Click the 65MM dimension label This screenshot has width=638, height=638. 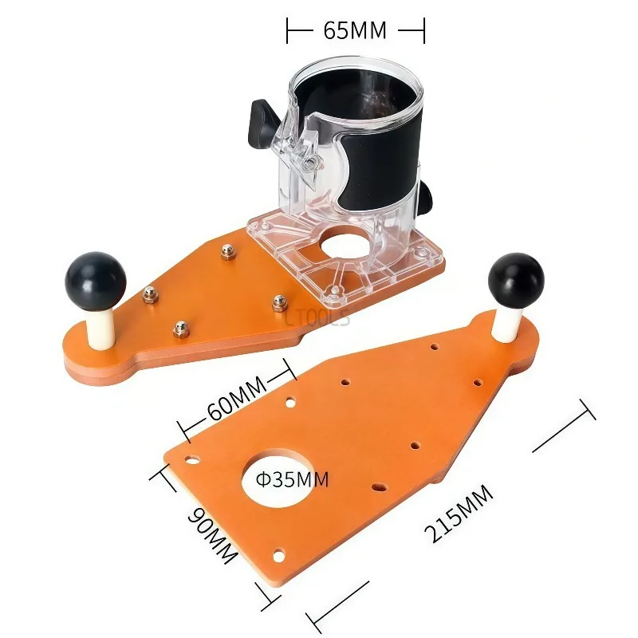pos(355,30)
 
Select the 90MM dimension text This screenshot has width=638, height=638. pos(212,535)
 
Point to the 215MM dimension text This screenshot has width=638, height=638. pos(459,514)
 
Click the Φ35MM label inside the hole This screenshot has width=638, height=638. pos(292,480)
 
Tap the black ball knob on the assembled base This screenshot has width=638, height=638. pos(96,281)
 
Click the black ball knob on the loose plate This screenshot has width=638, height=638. pos(516,281)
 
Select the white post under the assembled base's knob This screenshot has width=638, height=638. pos(100,328)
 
